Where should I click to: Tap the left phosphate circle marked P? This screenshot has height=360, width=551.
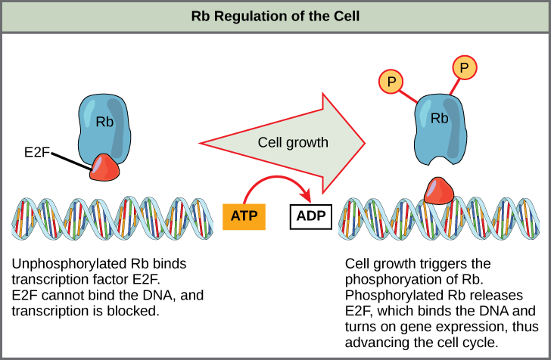tap(391, 81)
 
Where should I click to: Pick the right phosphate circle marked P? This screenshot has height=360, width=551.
tap(464, 69)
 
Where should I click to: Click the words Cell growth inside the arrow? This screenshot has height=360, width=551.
tap(293, 142)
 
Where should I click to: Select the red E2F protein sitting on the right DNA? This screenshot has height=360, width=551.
tap(438, 191)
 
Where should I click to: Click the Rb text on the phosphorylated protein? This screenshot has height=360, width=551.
tap(439, 119)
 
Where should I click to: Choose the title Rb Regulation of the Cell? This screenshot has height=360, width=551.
tap(275, 16)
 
